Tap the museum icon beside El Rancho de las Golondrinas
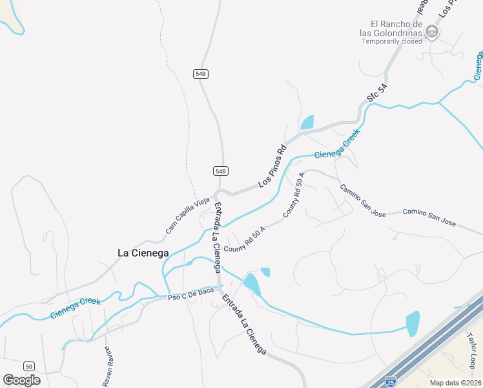[x=433, y=32]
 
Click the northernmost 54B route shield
[x=201, y=74]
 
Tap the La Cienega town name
[x=143, y=253]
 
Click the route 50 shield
[x=28, y=366]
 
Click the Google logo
[x=21, y=380]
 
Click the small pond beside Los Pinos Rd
[x=307, y=122]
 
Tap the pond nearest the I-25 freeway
[x=412, y=323]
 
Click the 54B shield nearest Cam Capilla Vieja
[x=221, y=171]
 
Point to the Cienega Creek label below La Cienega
[x=76, y=308]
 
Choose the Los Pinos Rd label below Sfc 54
[x=272, y=167]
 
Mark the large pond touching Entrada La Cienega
[x=252, y=283]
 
